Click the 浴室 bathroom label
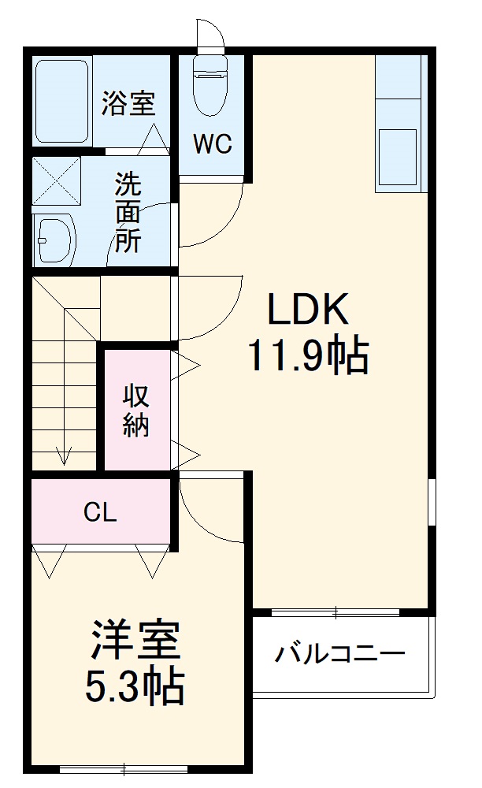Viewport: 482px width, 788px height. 128,104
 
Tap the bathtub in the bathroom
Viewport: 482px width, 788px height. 61,101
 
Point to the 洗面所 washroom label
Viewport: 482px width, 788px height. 128,213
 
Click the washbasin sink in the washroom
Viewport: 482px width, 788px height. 54,236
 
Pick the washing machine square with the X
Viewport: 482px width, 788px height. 57,180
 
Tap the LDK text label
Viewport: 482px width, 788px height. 308,311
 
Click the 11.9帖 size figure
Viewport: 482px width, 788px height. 308,356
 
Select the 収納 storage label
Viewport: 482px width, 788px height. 136,411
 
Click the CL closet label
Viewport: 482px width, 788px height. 101,513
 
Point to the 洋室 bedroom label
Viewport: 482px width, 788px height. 135,642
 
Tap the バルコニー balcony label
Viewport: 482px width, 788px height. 340,654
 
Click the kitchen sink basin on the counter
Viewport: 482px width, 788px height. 399,157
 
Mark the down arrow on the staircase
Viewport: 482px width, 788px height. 63,455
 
